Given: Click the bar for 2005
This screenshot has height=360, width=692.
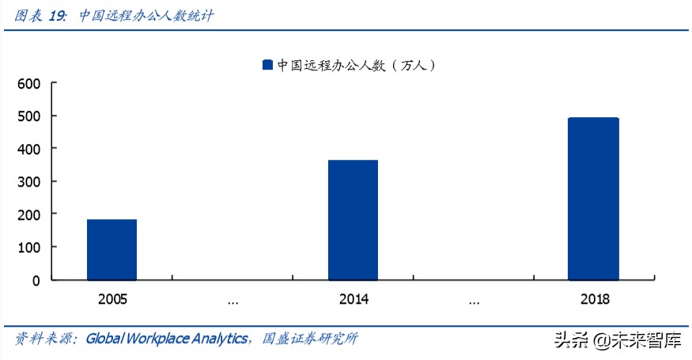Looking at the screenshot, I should [112, 249].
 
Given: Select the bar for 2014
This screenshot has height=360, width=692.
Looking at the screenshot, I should [353, 220].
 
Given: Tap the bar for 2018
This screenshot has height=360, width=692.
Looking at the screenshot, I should [593, 199].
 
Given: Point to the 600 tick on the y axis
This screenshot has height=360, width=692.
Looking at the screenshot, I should [28, 83].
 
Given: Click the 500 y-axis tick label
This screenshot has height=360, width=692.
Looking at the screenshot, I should [28, 116].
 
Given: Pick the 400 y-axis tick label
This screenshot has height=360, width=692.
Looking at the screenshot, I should [28, 149].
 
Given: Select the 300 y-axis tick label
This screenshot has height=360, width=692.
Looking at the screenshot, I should [28, 182].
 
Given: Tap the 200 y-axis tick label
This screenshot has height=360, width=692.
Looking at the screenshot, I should [28, 214].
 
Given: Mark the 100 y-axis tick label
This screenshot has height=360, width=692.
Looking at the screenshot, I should [28, 248].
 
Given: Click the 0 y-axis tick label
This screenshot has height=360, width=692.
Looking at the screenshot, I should [36, 280].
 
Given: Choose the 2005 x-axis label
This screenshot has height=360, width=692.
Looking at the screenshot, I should [112, 301].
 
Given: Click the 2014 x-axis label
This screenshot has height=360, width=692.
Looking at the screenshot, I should [353, 301].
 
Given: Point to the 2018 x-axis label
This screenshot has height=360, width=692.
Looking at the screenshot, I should [593, 301].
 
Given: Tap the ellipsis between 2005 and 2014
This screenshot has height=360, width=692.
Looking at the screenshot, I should [233, 301].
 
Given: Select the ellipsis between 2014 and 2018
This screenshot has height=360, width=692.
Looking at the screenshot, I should [473, 301].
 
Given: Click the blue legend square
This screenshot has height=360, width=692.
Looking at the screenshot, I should [267, 66].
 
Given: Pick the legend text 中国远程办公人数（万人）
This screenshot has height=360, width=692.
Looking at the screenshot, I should [356, 66].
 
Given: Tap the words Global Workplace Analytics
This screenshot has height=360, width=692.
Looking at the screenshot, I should [167, 339].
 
